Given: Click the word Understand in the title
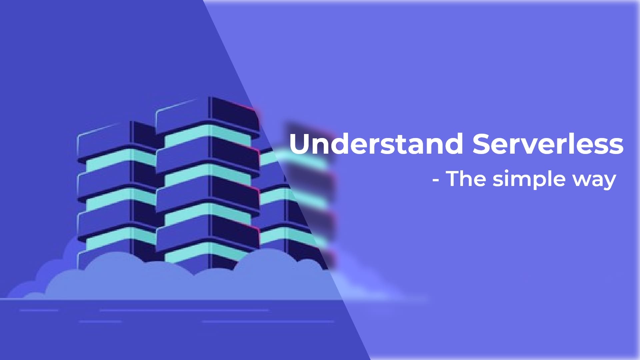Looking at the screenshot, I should [376, 144].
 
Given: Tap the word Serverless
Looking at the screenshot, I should [548, 144].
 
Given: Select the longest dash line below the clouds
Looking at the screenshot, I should [184, 310].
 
